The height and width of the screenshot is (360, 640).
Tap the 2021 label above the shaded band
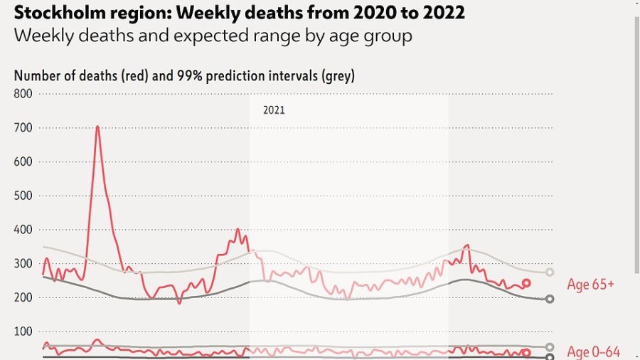click(274, 110)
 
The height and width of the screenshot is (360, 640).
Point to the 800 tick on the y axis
click(23, 94)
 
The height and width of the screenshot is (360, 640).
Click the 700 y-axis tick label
click(23, 128)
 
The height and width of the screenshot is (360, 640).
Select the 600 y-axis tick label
click(23, 162)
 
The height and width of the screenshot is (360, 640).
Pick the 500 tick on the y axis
click(23, 196)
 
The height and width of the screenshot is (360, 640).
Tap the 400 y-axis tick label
click(23, 230)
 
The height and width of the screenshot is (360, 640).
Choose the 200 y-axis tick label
click(23, 297)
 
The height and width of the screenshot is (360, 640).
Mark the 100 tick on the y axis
click(23, 332)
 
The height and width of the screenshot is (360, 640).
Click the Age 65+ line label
click(590, 285)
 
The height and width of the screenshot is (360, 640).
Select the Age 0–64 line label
click(594, 351)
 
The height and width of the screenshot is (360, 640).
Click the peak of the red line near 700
click(97, 127)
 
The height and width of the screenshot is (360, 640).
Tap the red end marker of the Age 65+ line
click(526, 283)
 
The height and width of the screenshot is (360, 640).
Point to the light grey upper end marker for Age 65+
click(550, 272)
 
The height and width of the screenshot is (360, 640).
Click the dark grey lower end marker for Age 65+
click(550, 300)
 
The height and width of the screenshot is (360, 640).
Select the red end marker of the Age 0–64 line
click(526, 353)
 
